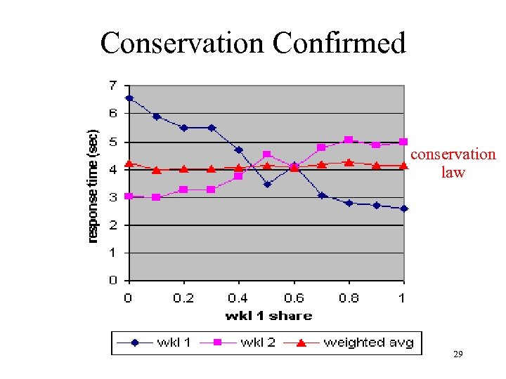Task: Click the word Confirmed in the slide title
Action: tap(339, 43)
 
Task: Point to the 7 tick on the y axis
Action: tap(112, 86)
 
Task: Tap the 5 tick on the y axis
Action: tap(112, 142)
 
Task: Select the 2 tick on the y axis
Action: tap(112, 225)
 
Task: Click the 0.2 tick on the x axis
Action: tap(183, 298)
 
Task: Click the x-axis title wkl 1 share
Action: tap(268, 316)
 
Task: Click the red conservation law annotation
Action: tap(453, 163)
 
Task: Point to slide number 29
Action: tap(458, 356)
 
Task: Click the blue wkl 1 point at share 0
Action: tap(129, 98)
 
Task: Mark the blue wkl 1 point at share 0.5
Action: tap(266, 185)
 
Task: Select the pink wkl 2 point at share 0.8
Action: tap(349, 140)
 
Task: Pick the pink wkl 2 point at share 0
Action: tap(129, 196)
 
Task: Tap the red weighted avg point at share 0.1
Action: tap(157, 170)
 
